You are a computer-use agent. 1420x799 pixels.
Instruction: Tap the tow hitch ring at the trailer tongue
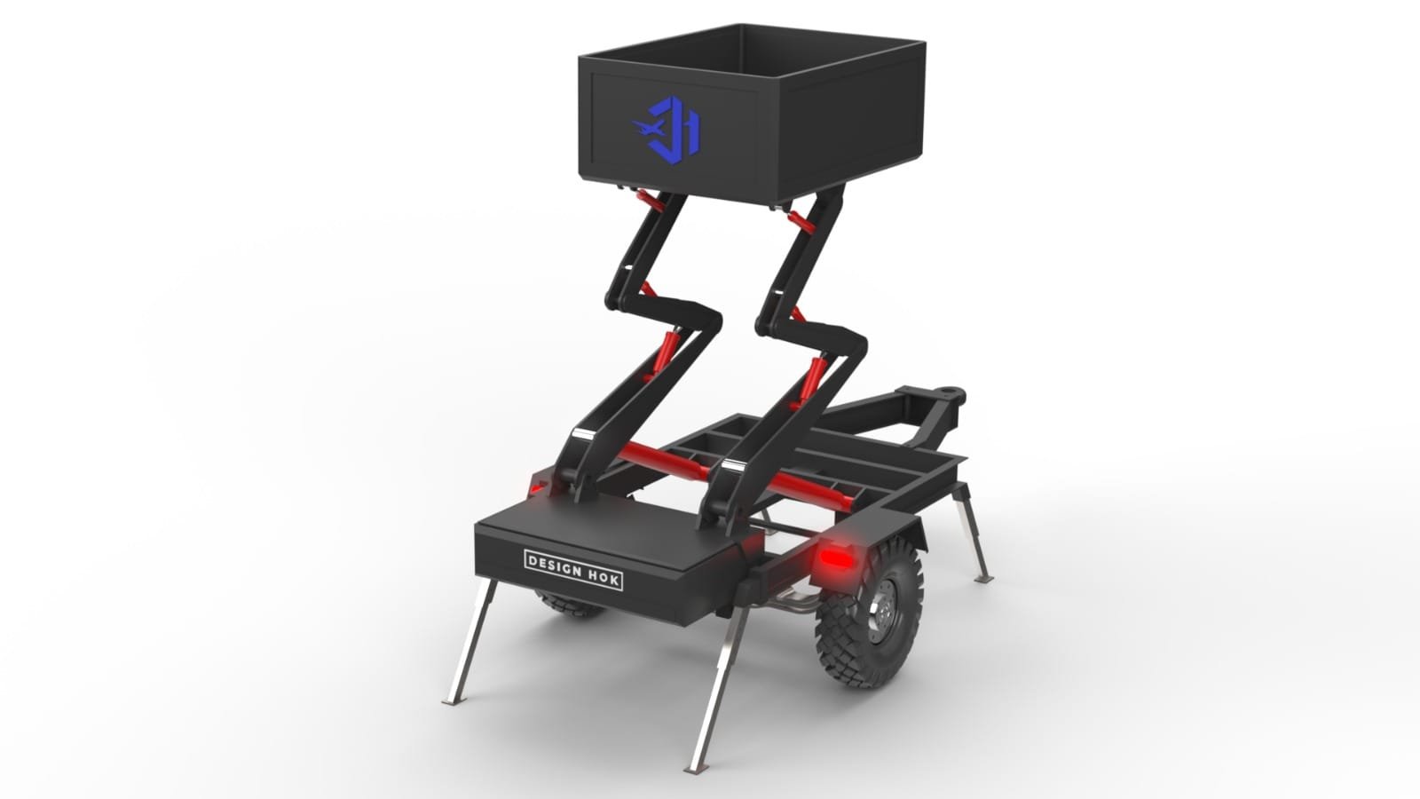tap(951, 390)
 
